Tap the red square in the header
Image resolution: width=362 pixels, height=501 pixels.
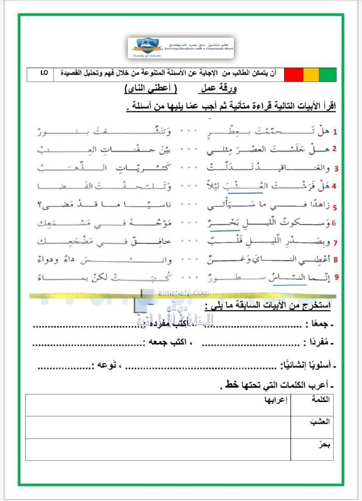point(293,75)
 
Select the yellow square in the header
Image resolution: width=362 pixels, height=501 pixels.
point(310,75)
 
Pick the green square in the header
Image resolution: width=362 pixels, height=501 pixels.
point(327,75)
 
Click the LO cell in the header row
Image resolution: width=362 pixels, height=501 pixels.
point(43,74)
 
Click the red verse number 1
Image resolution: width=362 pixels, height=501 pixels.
point(334,132)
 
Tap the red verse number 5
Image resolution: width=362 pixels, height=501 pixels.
point(335,207)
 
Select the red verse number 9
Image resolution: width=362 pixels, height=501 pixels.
point(335,276)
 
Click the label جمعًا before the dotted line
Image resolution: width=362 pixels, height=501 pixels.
point(321,324)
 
